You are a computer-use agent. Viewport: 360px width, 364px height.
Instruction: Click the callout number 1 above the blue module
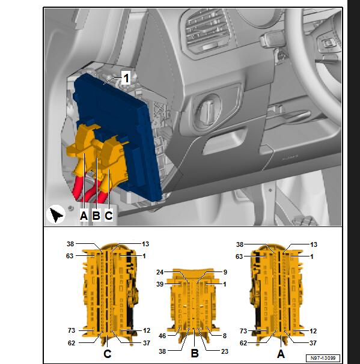pyautogui.click(x=126, y=78)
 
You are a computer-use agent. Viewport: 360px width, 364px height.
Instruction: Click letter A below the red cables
pyautogui.click(x=84, y=216)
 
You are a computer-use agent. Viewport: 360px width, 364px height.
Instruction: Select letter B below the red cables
pyautogui.click(x=96, y=216)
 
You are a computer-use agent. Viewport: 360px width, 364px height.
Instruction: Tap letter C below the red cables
pyautogui.click(x=109, y=216)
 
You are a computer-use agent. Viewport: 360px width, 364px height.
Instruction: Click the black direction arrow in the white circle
pyautogui.click(x=56, y=215)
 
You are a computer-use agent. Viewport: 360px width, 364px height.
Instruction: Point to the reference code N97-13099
pyautogui.click(x=323, y=358)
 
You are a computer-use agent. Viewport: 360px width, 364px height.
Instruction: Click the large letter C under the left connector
pyautogui.click(x=108, y=354)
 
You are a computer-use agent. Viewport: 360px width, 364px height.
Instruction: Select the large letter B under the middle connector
pyautogui.click(x=195, y=353)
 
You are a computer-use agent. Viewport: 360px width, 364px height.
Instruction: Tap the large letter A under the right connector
pyautogui.click(x=281, y=354)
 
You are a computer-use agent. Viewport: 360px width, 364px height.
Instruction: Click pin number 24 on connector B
pyautogui.click(x=160, y=272)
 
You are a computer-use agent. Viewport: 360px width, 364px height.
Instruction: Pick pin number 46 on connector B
pyautogui.click(x=162, y=336)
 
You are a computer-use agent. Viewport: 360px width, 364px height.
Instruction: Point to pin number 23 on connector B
pyautogui.click(x=225, y=351)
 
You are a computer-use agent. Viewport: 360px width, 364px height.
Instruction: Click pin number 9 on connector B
pyautogui.click(x=225, y=272)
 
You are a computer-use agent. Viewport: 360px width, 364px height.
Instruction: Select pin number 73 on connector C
pyautogui.click(x=72, y=330)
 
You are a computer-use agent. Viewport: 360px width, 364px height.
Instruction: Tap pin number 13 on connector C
pyautogui.click(x=145, y=244)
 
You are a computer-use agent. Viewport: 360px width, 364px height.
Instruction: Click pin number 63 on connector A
pyautogui.click(x=239, y=256)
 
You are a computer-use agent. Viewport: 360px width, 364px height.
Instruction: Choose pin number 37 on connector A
pyautogui.click(x=313, y=343)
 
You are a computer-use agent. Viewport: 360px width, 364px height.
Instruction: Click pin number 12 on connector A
pyautogui.click(x=313, y=331)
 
